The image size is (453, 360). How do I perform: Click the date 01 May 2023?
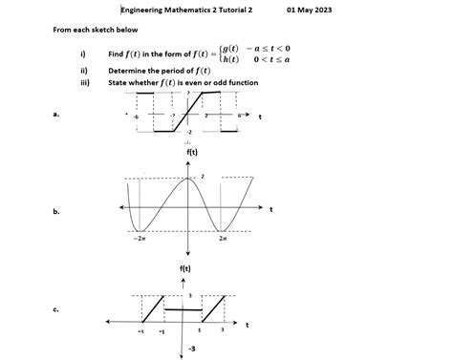coord(311,10)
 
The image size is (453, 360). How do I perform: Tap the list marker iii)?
coord(85,83)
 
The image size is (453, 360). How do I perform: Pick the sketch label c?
coord(57,308)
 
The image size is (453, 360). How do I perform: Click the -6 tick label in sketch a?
coord(136,116)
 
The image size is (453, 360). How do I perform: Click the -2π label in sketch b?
coord(140,239)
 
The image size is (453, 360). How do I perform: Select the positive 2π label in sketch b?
coord(223,239)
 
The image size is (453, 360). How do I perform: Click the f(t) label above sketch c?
coord(186,269)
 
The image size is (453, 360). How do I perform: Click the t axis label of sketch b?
coord(270,208)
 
